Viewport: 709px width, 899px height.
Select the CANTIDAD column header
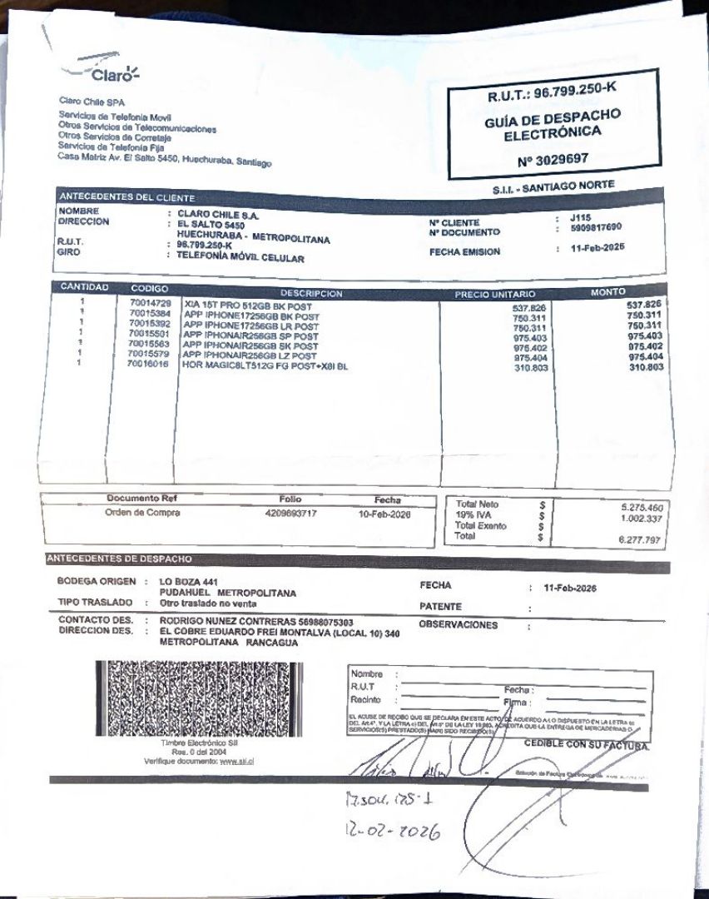[84, 287]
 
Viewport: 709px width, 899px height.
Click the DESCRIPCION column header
[311, 293]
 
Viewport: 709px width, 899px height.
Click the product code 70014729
[150, 303]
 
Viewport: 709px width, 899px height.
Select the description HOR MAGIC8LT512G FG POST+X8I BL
[265, 365]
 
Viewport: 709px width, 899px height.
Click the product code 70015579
[150, 354]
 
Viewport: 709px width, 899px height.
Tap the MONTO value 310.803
[645, 367]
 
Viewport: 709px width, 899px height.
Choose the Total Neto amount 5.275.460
[641, 507]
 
